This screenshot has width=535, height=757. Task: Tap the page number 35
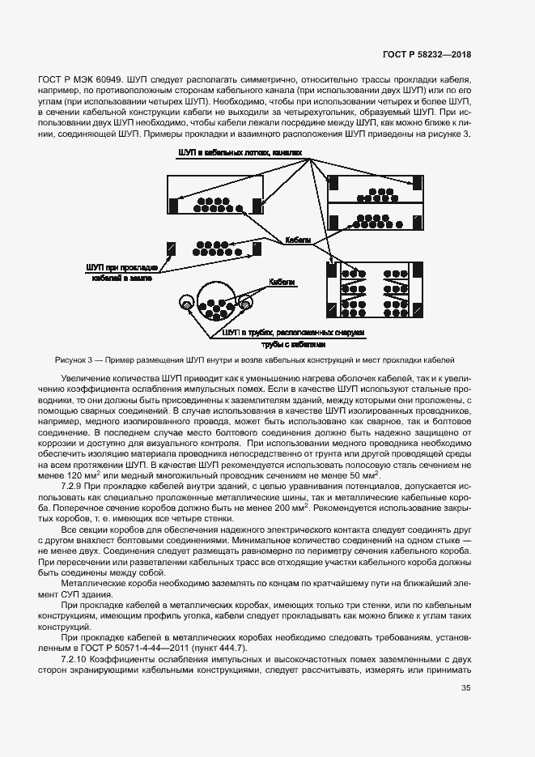[465, 688]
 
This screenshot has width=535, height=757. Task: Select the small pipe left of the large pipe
[187, 305]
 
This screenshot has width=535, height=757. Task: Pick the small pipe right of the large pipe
[242, 304]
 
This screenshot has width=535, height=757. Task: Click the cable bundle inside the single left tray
[214, 204]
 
